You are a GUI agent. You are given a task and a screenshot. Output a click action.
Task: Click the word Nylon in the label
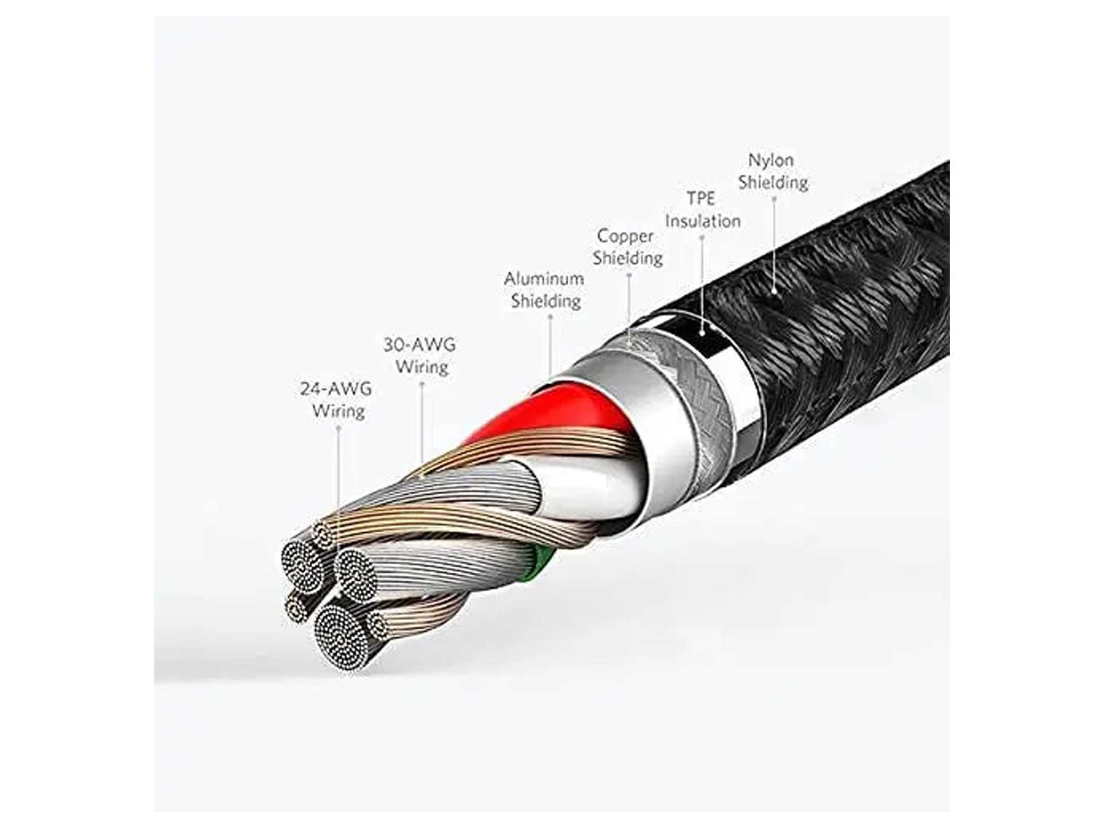tap(771, 161)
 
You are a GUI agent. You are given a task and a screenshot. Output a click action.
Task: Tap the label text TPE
tap(700, 198)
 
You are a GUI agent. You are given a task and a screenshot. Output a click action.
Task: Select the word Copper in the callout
tap(625, 237)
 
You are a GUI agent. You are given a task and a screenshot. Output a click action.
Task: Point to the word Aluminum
tap(544, 279)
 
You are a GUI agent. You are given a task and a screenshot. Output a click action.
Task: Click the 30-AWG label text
tap(420, 345)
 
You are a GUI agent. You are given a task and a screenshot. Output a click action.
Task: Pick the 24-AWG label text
tap(336, 389)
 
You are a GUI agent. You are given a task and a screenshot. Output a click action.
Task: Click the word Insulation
tap(703, 221)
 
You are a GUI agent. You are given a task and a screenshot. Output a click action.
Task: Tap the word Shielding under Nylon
tap(773, 183)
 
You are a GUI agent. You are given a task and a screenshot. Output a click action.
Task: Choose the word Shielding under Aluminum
tap(545, 301)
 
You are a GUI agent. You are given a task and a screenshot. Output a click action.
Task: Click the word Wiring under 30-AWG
tap(422, 367)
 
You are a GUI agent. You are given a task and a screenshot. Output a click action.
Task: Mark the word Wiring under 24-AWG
tap(338, 411)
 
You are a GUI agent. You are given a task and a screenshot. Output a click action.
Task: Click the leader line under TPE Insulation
tap(702, 285)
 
